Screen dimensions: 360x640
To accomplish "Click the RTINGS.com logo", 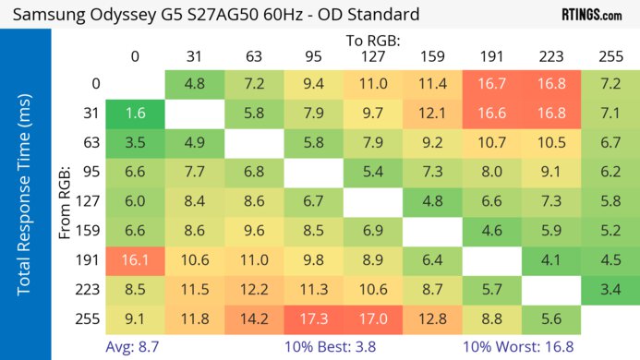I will click(x=591, y=15).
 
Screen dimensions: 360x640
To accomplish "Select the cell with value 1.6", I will click(x=135, y=114).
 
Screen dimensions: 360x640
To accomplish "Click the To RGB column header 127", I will click(x=373, y=56).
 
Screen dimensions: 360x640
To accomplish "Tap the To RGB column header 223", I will click(x=551, y=56).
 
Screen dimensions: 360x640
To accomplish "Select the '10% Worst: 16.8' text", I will click(x=531, y=347).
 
